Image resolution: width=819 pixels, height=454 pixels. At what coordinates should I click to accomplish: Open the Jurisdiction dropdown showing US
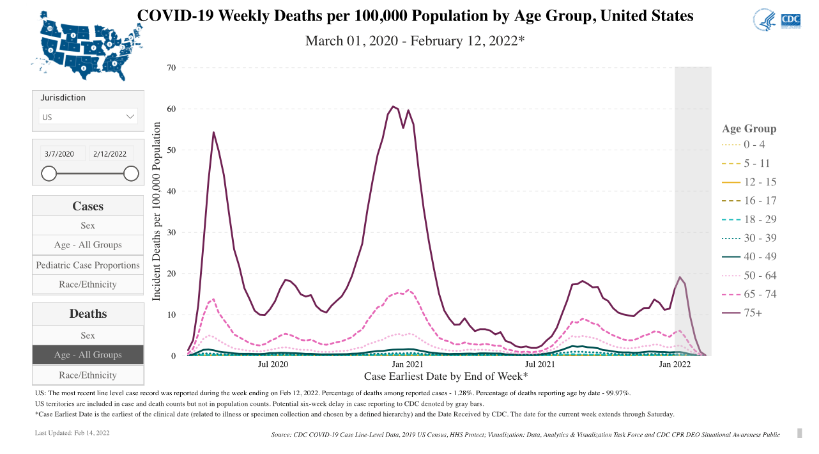pos(88,116)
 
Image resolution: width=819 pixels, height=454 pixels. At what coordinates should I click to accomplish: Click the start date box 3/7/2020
pos(61,154)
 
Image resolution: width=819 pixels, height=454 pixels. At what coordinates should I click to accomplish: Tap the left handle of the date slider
pos(49,173)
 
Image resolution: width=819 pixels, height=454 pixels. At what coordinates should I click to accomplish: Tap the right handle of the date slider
pos(131,173)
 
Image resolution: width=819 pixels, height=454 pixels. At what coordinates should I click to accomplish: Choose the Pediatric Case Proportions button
pos(88,265)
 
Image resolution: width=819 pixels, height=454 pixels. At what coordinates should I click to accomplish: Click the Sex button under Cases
pos(88,225)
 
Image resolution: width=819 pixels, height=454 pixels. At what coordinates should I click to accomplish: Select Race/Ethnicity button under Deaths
pos(88,375)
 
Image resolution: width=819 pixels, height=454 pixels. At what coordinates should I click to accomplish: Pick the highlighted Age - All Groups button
pos(88,355)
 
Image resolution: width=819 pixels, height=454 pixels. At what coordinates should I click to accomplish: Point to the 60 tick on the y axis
pos(171,109)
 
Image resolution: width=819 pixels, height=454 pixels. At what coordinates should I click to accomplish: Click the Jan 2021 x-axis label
pos(406,364)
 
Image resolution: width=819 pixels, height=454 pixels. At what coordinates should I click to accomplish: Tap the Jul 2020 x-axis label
pos(273,364)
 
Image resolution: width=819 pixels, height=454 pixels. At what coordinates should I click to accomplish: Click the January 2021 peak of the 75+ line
pos(394,106)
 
